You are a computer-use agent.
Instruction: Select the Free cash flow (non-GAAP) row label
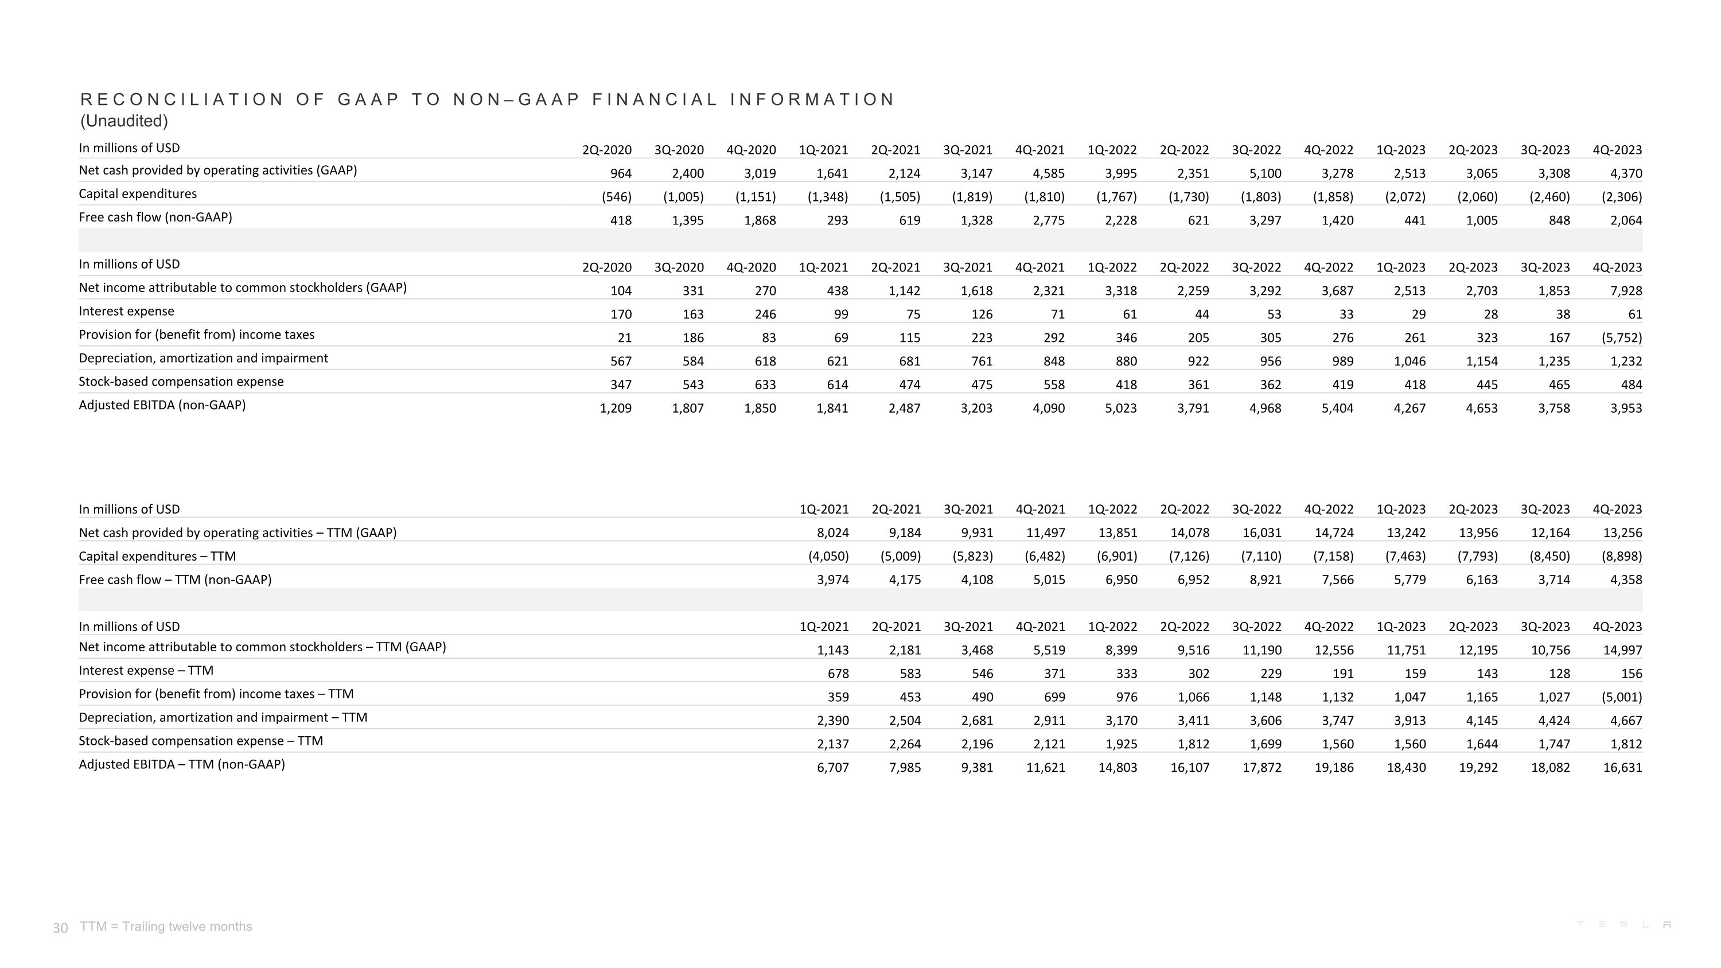[x=155, y=217]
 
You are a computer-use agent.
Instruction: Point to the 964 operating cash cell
[x=621, y=174]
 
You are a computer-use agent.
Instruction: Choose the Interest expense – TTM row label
[x=146, y=671]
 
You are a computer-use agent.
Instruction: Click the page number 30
[x=60, y=928]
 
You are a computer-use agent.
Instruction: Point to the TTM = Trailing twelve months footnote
[x=166, y=927]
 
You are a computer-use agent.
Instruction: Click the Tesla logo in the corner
[x=1623, y=924]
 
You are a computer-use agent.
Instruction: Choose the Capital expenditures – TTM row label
[x=157, y=557]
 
